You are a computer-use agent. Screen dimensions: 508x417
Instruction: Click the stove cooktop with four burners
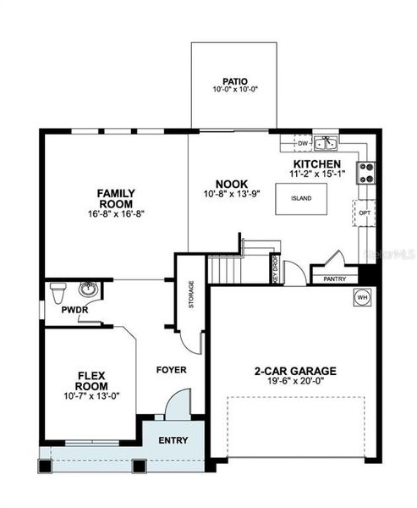[x=367, y=173]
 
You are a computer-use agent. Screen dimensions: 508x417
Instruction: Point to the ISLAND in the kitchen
[x=301, y=198]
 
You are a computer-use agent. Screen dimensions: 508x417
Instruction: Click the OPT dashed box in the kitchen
[x=365, y=213]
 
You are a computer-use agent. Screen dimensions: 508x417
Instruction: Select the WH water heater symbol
[x=361, y=299]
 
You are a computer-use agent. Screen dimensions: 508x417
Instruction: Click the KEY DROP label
[x=274, y=268]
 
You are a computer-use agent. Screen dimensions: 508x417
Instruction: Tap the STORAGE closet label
[x=191, y=294]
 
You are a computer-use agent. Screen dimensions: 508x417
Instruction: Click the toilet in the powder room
[x=58, y=293]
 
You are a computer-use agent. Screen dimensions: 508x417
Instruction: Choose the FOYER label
[x=172, y=370]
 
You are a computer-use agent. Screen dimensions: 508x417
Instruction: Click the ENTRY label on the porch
[x=174, y=439]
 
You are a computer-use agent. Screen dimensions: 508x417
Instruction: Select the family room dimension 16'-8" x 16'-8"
[x=116, y=214]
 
